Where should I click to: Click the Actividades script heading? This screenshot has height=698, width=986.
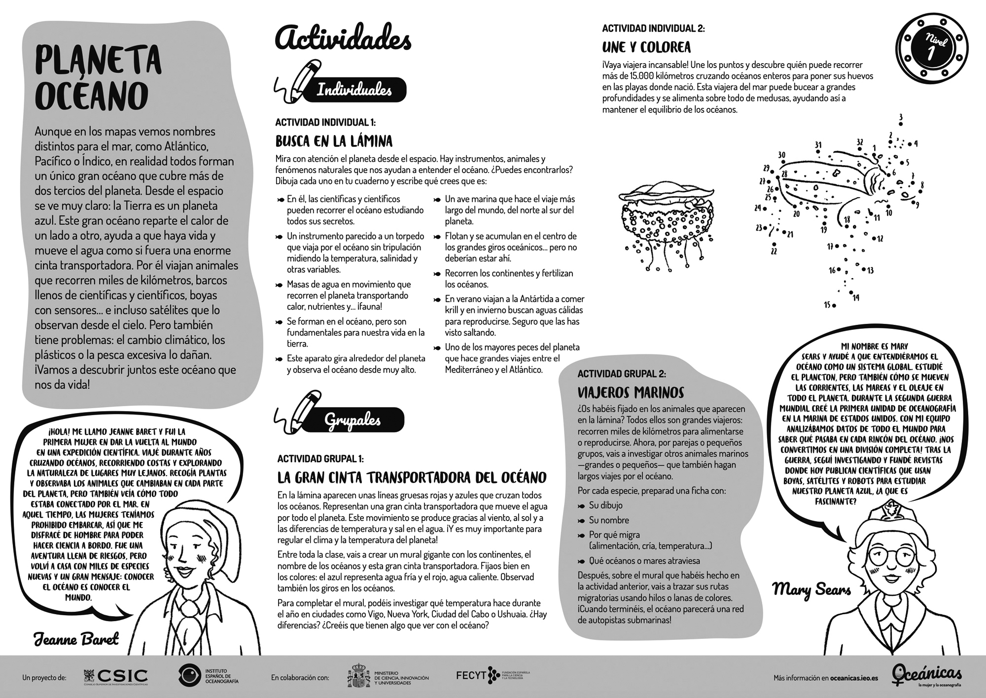(343, 38)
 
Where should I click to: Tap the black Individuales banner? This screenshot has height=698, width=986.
(354, 90)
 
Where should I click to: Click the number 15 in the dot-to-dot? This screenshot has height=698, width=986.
(827, 305)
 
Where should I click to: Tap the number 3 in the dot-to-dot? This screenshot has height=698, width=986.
(901, 117)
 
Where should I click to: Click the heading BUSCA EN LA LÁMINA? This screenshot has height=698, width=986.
(334, 141)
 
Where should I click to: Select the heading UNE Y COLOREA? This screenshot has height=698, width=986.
(646, 47)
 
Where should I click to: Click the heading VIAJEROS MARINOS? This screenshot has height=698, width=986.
(631, 392)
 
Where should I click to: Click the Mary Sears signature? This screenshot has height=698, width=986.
(811, 589)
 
